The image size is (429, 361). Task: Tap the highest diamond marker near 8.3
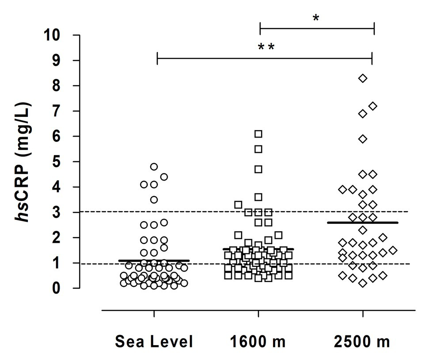click(x=363, y=78)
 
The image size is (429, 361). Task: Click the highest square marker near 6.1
click(x=258, y=134)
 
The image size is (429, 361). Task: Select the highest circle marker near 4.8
click(x=154, y=167)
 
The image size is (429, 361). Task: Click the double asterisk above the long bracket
click(x=266, y=47)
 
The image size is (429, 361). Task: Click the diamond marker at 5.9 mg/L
click(x=363, y=139)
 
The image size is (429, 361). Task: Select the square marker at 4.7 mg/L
click(x=258, y=169)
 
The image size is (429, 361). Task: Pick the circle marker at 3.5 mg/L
click(x=154, y=200)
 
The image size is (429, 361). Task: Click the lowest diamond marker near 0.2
click(x=363, y=283)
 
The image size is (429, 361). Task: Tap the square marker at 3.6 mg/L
click(x=258, y=197)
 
